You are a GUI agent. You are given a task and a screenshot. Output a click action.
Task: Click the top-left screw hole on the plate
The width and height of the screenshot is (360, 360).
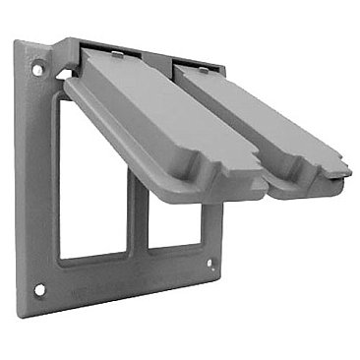click(37, 71)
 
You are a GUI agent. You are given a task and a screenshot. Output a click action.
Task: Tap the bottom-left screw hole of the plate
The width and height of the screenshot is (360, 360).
click(40, 289)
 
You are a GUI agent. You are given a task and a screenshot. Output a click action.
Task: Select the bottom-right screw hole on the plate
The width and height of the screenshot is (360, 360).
click(210, 264)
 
